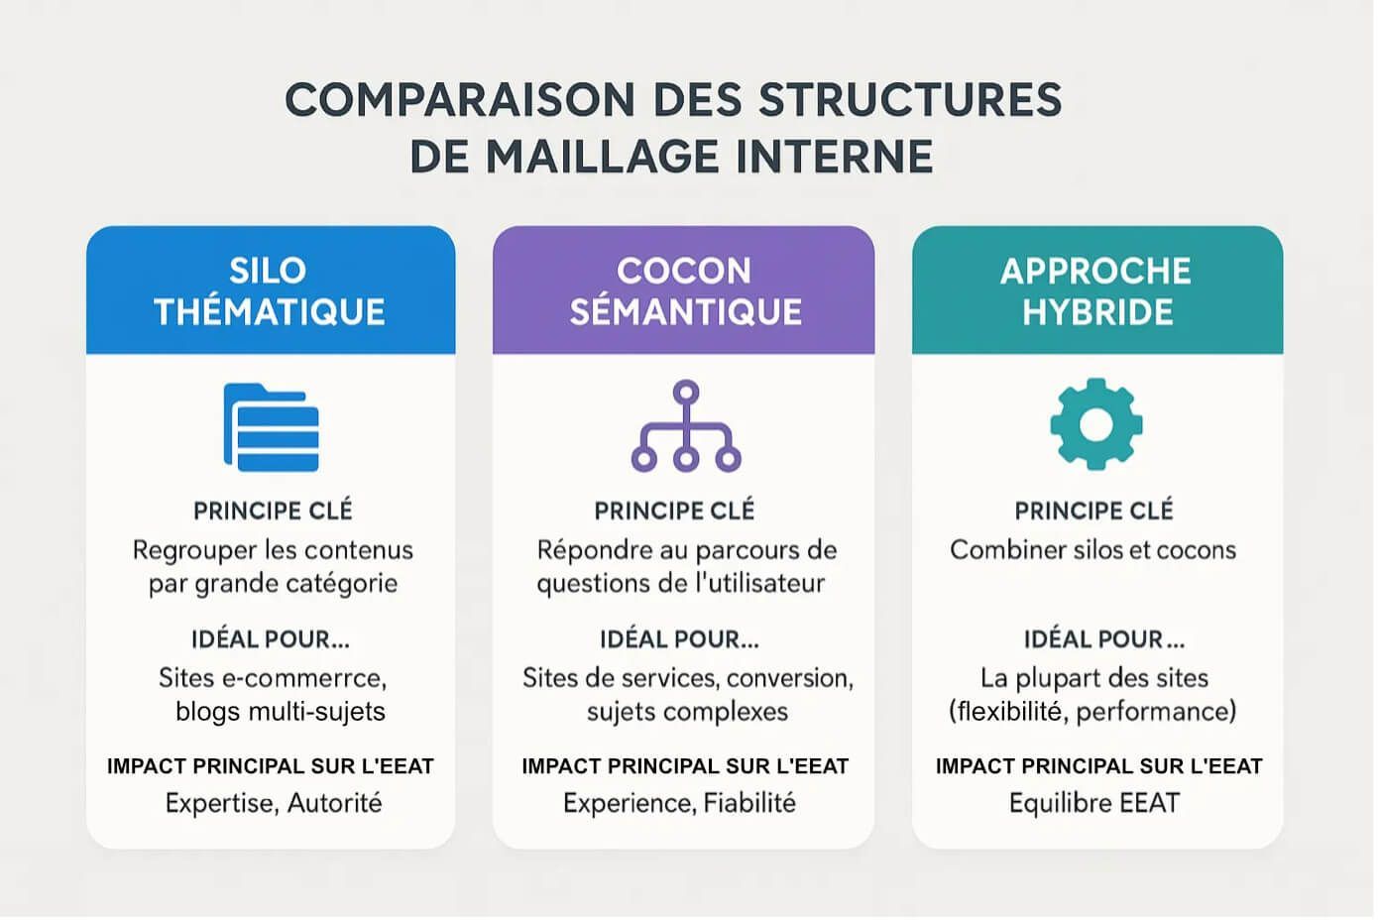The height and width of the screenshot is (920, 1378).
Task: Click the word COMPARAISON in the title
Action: tap(460, 100)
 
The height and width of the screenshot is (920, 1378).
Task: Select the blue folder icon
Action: tap(272, 427)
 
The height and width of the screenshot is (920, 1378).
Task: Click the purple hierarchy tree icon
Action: tap(686, 426)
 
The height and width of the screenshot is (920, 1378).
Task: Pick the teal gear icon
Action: tap(1096, 424)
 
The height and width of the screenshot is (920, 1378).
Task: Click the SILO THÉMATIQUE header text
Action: tap(270, 291)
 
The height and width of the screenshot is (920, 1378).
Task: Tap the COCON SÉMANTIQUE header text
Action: tap(685, 291)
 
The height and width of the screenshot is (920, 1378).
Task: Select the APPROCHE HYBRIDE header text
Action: tap(1096, 291)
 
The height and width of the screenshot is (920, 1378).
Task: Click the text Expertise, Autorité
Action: tap(274, 804)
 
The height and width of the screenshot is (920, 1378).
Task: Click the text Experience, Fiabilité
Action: tap(679, 804)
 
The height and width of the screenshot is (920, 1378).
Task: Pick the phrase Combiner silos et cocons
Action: tap(1092, 550)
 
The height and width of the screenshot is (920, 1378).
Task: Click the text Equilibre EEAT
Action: tap(1094, 804)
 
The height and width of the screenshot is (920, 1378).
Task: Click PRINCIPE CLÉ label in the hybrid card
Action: tap(1093, 511)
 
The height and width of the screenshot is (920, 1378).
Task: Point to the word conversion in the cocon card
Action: tap(790, 678)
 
